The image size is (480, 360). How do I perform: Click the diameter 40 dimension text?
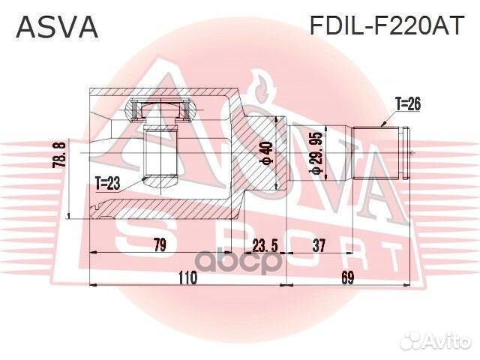[264, 153]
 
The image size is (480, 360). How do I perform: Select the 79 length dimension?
[158, 244]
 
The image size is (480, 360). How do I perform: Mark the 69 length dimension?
[347, 278]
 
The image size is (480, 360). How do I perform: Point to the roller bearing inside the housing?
[157, 110]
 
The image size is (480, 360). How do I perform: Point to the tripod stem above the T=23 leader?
[158, 154]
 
